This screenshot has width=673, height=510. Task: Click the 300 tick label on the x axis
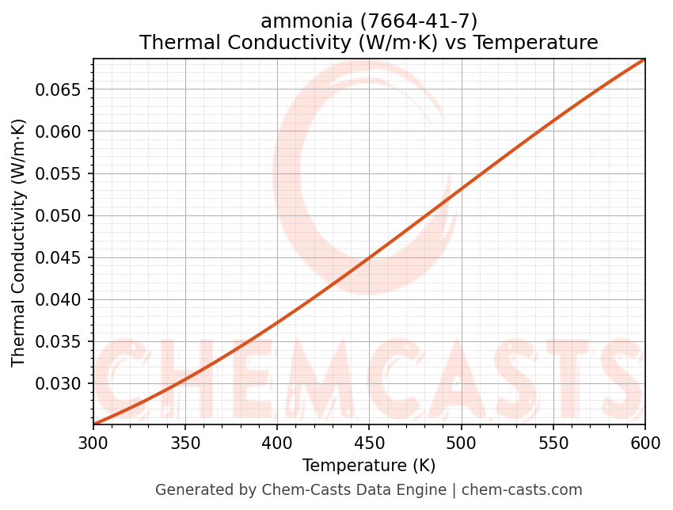click(x=93, y=443)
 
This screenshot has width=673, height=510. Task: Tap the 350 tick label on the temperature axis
click(x=185, y=443)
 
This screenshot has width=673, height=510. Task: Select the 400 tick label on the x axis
click(x=277, y=443)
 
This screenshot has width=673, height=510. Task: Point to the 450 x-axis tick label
click(x=369, y=443)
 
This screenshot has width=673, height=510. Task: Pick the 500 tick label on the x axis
click(x=461, y=443)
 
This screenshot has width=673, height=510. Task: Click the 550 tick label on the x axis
click(x=553, y=443)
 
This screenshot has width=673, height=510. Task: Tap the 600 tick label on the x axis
click(x=644, y=443)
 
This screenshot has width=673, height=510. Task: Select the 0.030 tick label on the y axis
click(x=59, y=384)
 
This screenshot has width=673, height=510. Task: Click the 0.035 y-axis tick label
click(x=59, y=342)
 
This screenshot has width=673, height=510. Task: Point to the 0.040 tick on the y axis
click(x=59, y=300)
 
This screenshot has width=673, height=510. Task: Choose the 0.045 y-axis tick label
click(x=59, y=258)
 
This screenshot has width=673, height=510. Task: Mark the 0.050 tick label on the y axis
click(x=59, y=216)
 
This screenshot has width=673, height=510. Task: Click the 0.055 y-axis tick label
click(x=59, y=174)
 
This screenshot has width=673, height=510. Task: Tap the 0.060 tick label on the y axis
click(x=59, y=131)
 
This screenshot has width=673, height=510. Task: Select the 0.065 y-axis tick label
click(x=59, y=89)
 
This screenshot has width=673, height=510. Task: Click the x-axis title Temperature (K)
click(x=369, y=466)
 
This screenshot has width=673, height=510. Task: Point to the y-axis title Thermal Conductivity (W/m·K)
click(x=19, y=242)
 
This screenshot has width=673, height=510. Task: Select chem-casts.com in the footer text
click(x=522, y=490)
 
